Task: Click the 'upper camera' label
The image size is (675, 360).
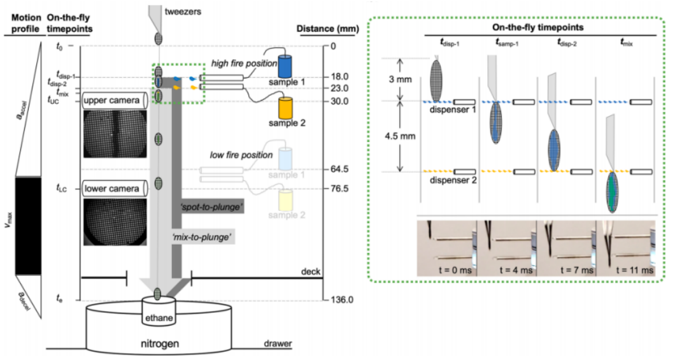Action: click(111, 101)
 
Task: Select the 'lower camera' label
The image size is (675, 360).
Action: click(111, 188)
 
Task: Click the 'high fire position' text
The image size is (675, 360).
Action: click(245, 63)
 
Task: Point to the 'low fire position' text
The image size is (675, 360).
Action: click(242, 155)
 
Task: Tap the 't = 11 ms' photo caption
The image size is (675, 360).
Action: click(634, 270)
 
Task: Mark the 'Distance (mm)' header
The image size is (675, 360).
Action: click(327, 29)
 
